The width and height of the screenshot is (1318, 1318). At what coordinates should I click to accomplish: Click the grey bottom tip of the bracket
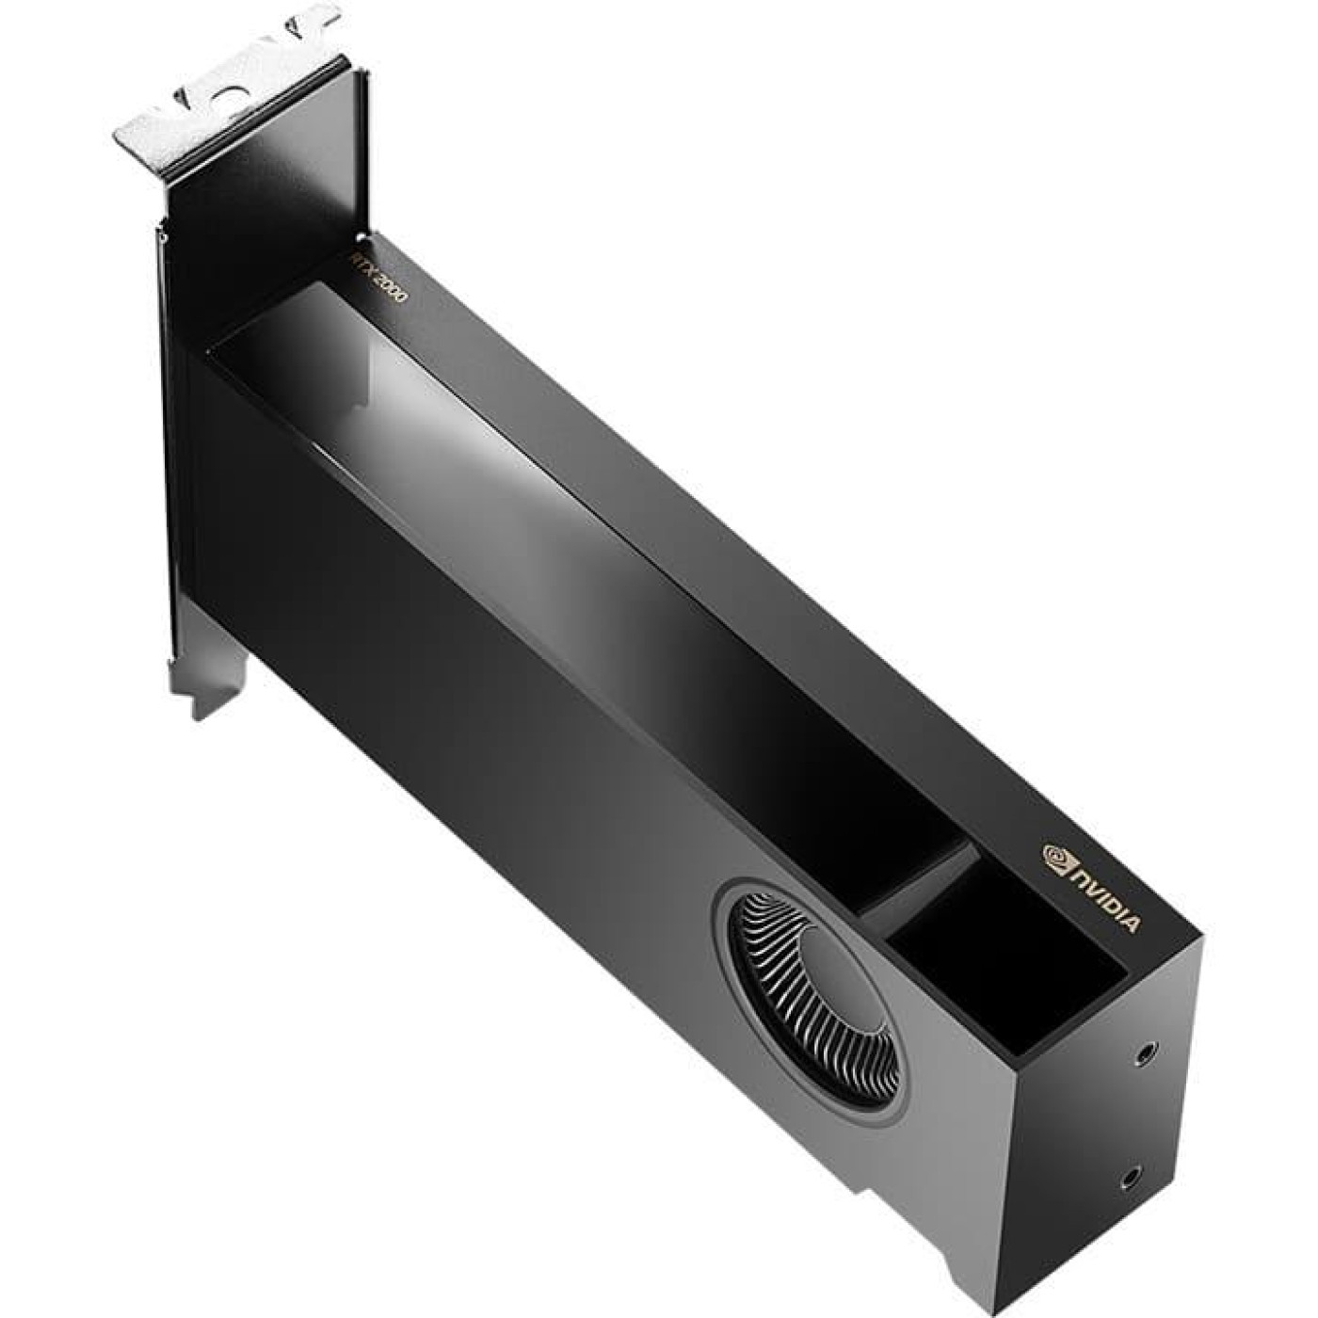point(207,698)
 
